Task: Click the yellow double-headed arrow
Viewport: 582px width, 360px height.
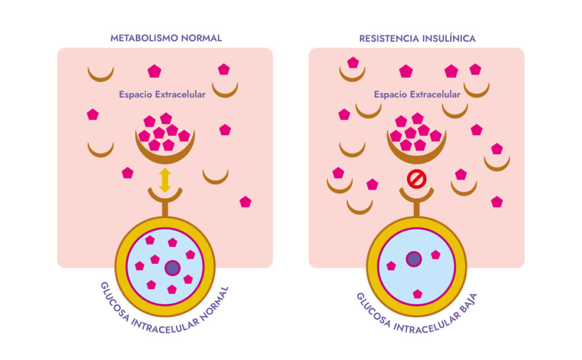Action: [165, 180]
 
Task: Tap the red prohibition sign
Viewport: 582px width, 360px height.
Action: [417, 180]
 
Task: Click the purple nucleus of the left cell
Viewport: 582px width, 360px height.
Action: [172, 267]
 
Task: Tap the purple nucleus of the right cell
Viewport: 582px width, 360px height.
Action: [414, 259]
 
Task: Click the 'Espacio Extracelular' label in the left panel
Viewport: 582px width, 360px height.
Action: [162, 94]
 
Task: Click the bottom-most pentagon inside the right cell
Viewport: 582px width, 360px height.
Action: [417, 294]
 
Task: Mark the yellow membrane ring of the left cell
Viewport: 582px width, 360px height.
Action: [120, 267]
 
